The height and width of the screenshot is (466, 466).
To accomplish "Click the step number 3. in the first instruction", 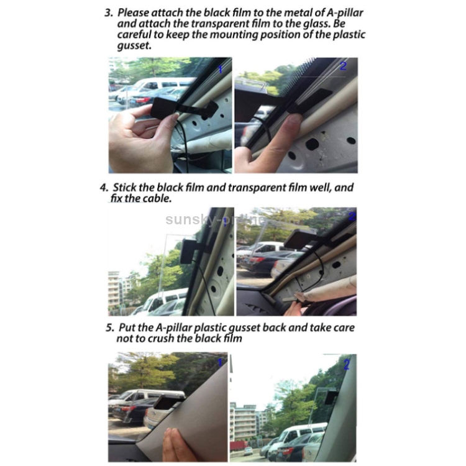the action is pyautogui.click(x=109, y=13).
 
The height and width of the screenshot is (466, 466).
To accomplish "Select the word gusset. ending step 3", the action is pyautogui.click(x=134, y=46).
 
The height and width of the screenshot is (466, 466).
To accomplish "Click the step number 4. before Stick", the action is pyautogui.click(x=104, y=188).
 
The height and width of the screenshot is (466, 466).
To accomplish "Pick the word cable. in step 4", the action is pyautogui.click(x=157, y=198).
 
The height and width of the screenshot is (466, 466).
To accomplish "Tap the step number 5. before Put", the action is pyautogui.click(x=110, y=328).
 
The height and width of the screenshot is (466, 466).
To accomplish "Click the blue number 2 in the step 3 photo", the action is pyautogui.click(x=343, y=66).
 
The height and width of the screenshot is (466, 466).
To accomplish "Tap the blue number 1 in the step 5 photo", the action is pyautogui.click(x=220, y=363).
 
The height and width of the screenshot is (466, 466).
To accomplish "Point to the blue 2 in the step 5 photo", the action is pyautogui.click(x=347, y=365).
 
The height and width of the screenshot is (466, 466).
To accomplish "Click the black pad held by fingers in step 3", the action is pyautogui.click(x=163, y=108).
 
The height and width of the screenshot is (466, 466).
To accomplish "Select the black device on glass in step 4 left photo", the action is pyautogui.click(x=187, y=251).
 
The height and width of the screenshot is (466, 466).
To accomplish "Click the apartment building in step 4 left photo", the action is pyautogui.click(x=114, y=290).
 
